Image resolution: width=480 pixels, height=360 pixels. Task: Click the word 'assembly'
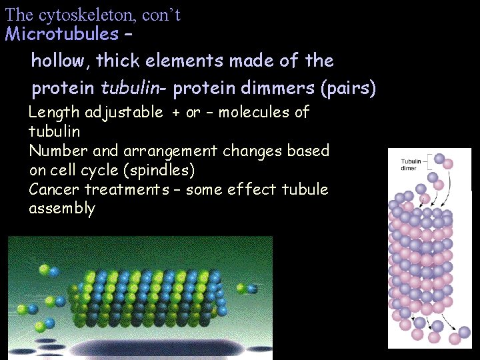pyautogui.click(x=62, y=209)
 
